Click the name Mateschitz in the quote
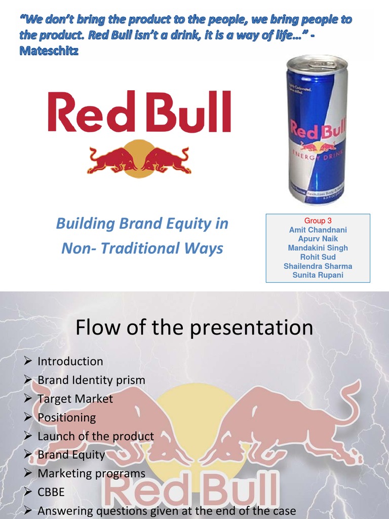(49, 51)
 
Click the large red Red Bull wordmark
(139, 112)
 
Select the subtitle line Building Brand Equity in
(142, 224)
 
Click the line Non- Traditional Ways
(142, 248)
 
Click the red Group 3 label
(318, 221)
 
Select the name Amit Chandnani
(318, 230)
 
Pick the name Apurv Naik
(318, 239)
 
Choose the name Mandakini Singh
(318, 248)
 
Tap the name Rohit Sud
(318, 257)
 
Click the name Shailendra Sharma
(318, 266)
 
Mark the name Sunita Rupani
(318, 275)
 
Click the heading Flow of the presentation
(194, 328)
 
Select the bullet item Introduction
(70, 361)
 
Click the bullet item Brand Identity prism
(91, 380)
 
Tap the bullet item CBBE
(51, 492)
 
